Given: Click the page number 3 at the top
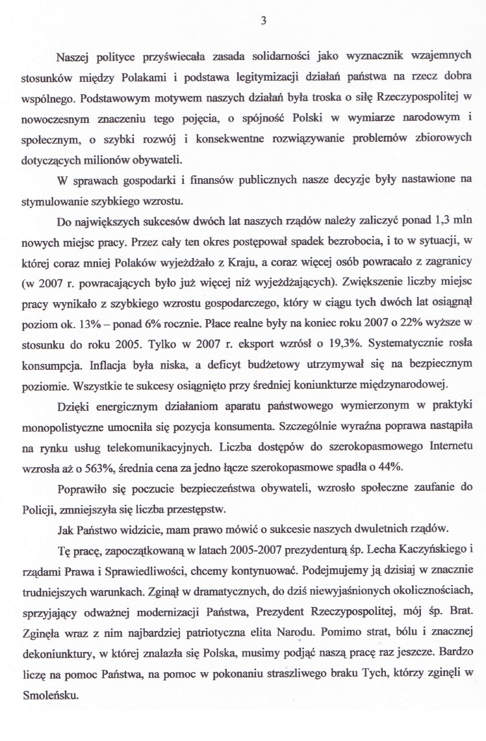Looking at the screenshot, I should (x=263, y=19).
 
